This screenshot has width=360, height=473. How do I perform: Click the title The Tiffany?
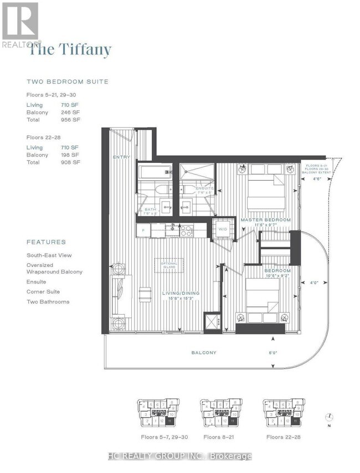click(70, 50)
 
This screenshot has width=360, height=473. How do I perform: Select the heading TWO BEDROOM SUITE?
click(68, 81)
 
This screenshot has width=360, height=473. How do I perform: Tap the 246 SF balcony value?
click(70, 112)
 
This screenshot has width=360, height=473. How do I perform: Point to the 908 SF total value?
click(70, 162)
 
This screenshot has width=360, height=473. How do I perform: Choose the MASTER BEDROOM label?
click(265, 220)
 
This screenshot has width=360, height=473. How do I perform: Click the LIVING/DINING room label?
click(180, 294)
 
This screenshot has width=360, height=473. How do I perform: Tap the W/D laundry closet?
click(223, 228)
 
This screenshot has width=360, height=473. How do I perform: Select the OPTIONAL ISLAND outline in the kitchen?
click(169, 265)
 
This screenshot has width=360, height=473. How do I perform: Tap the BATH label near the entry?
click(150, 210)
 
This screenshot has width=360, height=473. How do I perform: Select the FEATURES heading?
click(46, 242)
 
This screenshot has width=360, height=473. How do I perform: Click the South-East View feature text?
click(50, 256)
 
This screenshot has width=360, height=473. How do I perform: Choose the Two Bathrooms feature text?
click(48, 301)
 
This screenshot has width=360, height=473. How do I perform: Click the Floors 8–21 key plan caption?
click(218, 437)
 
